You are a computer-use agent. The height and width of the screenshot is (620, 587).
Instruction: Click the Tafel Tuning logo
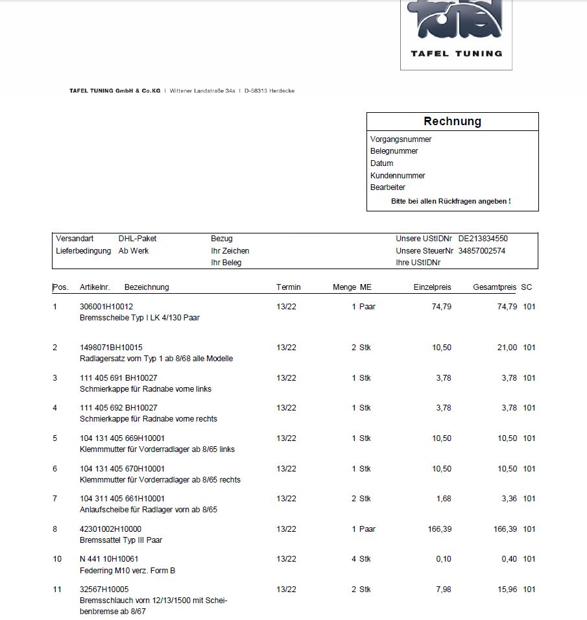tap(456, 32)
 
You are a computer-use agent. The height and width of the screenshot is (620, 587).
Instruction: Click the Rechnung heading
tap(452, 121)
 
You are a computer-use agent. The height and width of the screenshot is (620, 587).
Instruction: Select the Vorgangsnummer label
tap(401, 139)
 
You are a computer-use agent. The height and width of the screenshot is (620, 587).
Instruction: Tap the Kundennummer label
tap(398, 176)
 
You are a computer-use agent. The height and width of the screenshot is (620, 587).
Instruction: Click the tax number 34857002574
tap(481, 251)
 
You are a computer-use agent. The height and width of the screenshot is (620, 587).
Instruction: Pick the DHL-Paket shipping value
tap(138, 239)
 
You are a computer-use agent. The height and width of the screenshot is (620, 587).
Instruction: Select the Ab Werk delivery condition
tap(134, 251)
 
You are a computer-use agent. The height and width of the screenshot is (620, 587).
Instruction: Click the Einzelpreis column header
tap(432, 287)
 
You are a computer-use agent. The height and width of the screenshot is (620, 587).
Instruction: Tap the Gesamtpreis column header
tap(494, 287)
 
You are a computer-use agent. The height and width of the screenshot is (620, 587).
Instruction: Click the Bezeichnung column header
tap(147, 287)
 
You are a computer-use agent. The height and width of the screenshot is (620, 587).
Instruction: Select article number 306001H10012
tap(106, 306)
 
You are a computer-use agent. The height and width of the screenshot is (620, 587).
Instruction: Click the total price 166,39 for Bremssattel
tap(505, 529)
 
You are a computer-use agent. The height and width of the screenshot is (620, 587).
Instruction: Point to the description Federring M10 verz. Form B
tap(127, 571)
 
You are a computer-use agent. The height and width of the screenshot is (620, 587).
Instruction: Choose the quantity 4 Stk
tap(361, 559)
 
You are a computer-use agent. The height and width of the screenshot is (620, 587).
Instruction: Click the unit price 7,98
tap(442, 590)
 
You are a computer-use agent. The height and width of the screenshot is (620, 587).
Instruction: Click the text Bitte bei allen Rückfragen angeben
tap(451, 201)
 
